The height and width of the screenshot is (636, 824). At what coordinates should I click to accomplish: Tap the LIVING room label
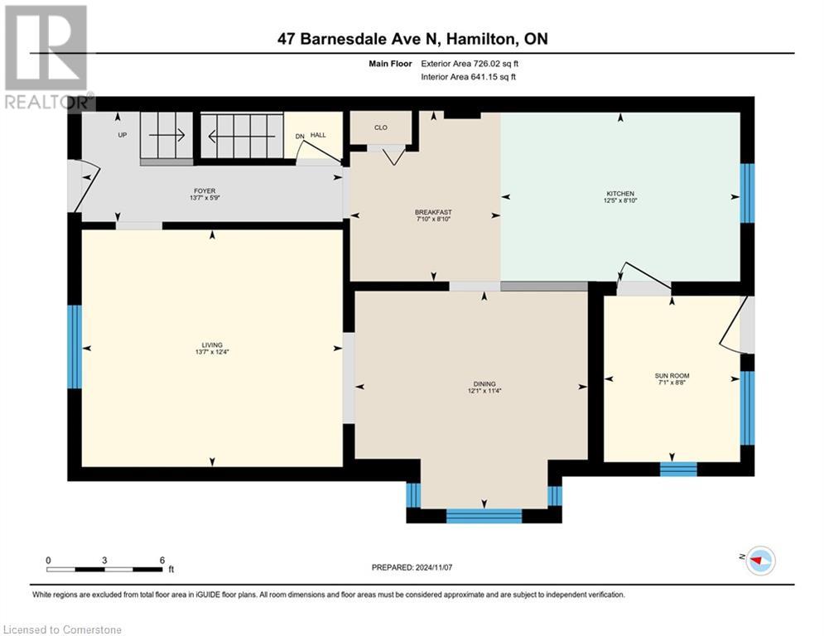point(212,345)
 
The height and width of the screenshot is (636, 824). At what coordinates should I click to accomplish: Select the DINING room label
point(484,383)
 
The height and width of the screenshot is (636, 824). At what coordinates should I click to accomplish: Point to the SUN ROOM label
point(672,375)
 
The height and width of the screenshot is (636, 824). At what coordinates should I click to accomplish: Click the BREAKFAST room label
point(433,212)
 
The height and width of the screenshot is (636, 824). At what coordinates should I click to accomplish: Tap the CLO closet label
point(381,128)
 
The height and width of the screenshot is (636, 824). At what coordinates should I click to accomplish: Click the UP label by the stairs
point(123,134)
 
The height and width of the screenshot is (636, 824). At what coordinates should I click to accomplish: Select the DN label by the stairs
point(300,136)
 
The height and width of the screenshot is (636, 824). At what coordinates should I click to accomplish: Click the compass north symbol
point(759,561)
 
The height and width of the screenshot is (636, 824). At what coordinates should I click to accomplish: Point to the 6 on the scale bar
point(161,560)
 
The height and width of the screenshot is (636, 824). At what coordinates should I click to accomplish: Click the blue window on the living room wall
point(75,346)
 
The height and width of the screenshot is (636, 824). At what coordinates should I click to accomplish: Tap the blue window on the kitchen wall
point(747,193)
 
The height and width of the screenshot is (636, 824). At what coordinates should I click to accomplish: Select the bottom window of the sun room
point(678,469)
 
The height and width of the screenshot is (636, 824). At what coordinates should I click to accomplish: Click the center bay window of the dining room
point(484,516)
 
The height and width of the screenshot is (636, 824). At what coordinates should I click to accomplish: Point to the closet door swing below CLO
point(392,155)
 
